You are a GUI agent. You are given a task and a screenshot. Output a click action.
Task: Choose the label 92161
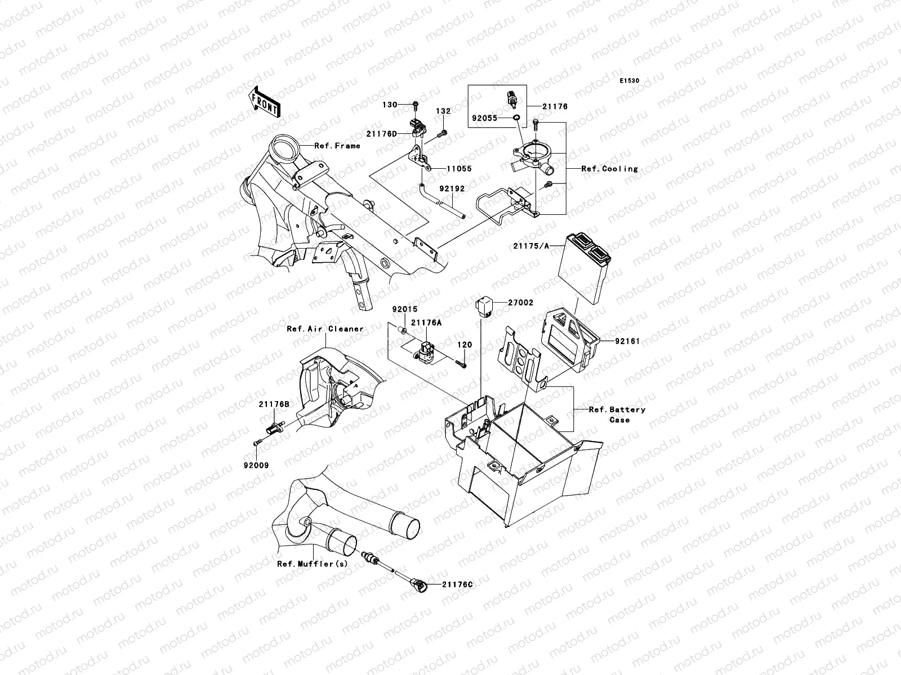pyautogui.click(x=627, y=341)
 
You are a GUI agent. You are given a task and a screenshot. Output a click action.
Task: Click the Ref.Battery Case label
pyautogui.click(x=617, y=415)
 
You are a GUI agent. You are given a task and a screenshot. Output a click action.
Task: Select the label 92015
pyautogui.click(x=403, y=309)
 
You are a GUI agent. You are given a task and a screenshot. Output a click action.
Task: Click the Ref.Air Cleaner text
pyautogui.click(x=325, y=328)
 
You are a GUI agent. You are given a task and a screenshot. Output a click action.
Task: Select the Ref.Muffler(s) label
pyautogui.click(x=312, y=563)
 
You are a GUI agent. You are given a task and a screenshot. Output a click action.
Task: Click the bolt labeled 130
pyautogui.click(x=415, y=105)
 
